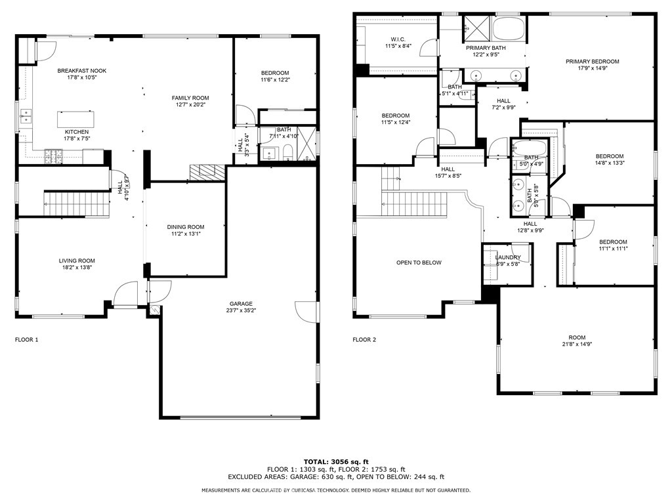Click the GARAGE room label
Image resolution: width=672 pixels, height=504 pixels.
pyautogui.click(x=241, y=304)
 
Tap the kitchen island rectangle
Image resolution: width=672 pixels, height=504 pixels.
pyautogui.click(x=75, y=119)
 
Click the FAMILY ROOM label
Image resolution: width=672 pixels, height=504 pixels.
pyautogui.click(x=190, y=98)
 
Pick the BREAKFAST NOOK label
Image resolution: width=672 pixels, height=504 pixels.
pyautogui.click(x=81, y=71)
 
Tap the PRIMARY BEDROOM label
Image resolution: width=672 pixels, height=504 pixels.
pyautogui.click(x=593, y=62)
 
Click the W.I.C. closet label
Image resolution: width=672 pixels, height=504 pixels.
pyautogui.click(x=398, y=38)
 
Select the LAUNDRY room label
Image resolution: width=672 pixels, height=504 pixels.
pyautogui.click(x=508, y=257)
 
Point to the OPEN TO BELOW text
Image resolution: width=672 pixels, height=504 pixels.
pyautogui.click(x=419, y=262)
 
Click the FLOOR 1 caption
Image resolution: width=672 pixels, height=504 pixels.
pyautogui.click(x=27, y=340)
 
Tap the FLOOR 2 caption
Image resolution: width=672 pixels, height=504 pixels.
pyautogui.click(x=364, y=340)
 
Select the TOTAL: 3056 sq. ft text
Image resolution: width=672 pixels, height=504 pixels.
pyautogui.click(x=335, y=461)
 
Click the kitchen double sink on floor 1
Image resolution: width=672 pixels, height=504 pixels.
pyautogui.click(x=26, y=117)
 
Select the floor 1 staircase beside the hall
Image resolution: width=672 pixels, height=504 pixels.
pyautogui.click(x=75, y=199)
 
